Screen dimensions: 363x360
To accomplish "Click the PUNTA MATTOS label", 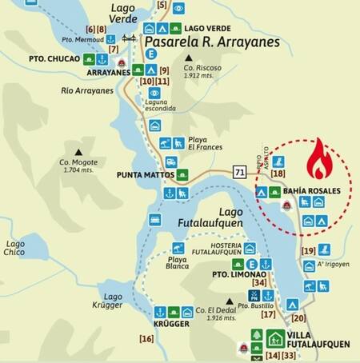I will click(x=145, y=174).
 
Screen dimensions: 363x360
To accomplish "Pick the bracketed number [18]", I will click(x=278, y=173).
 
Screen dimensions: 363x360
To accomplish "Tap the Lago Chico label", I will click(x=15, y=248).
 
